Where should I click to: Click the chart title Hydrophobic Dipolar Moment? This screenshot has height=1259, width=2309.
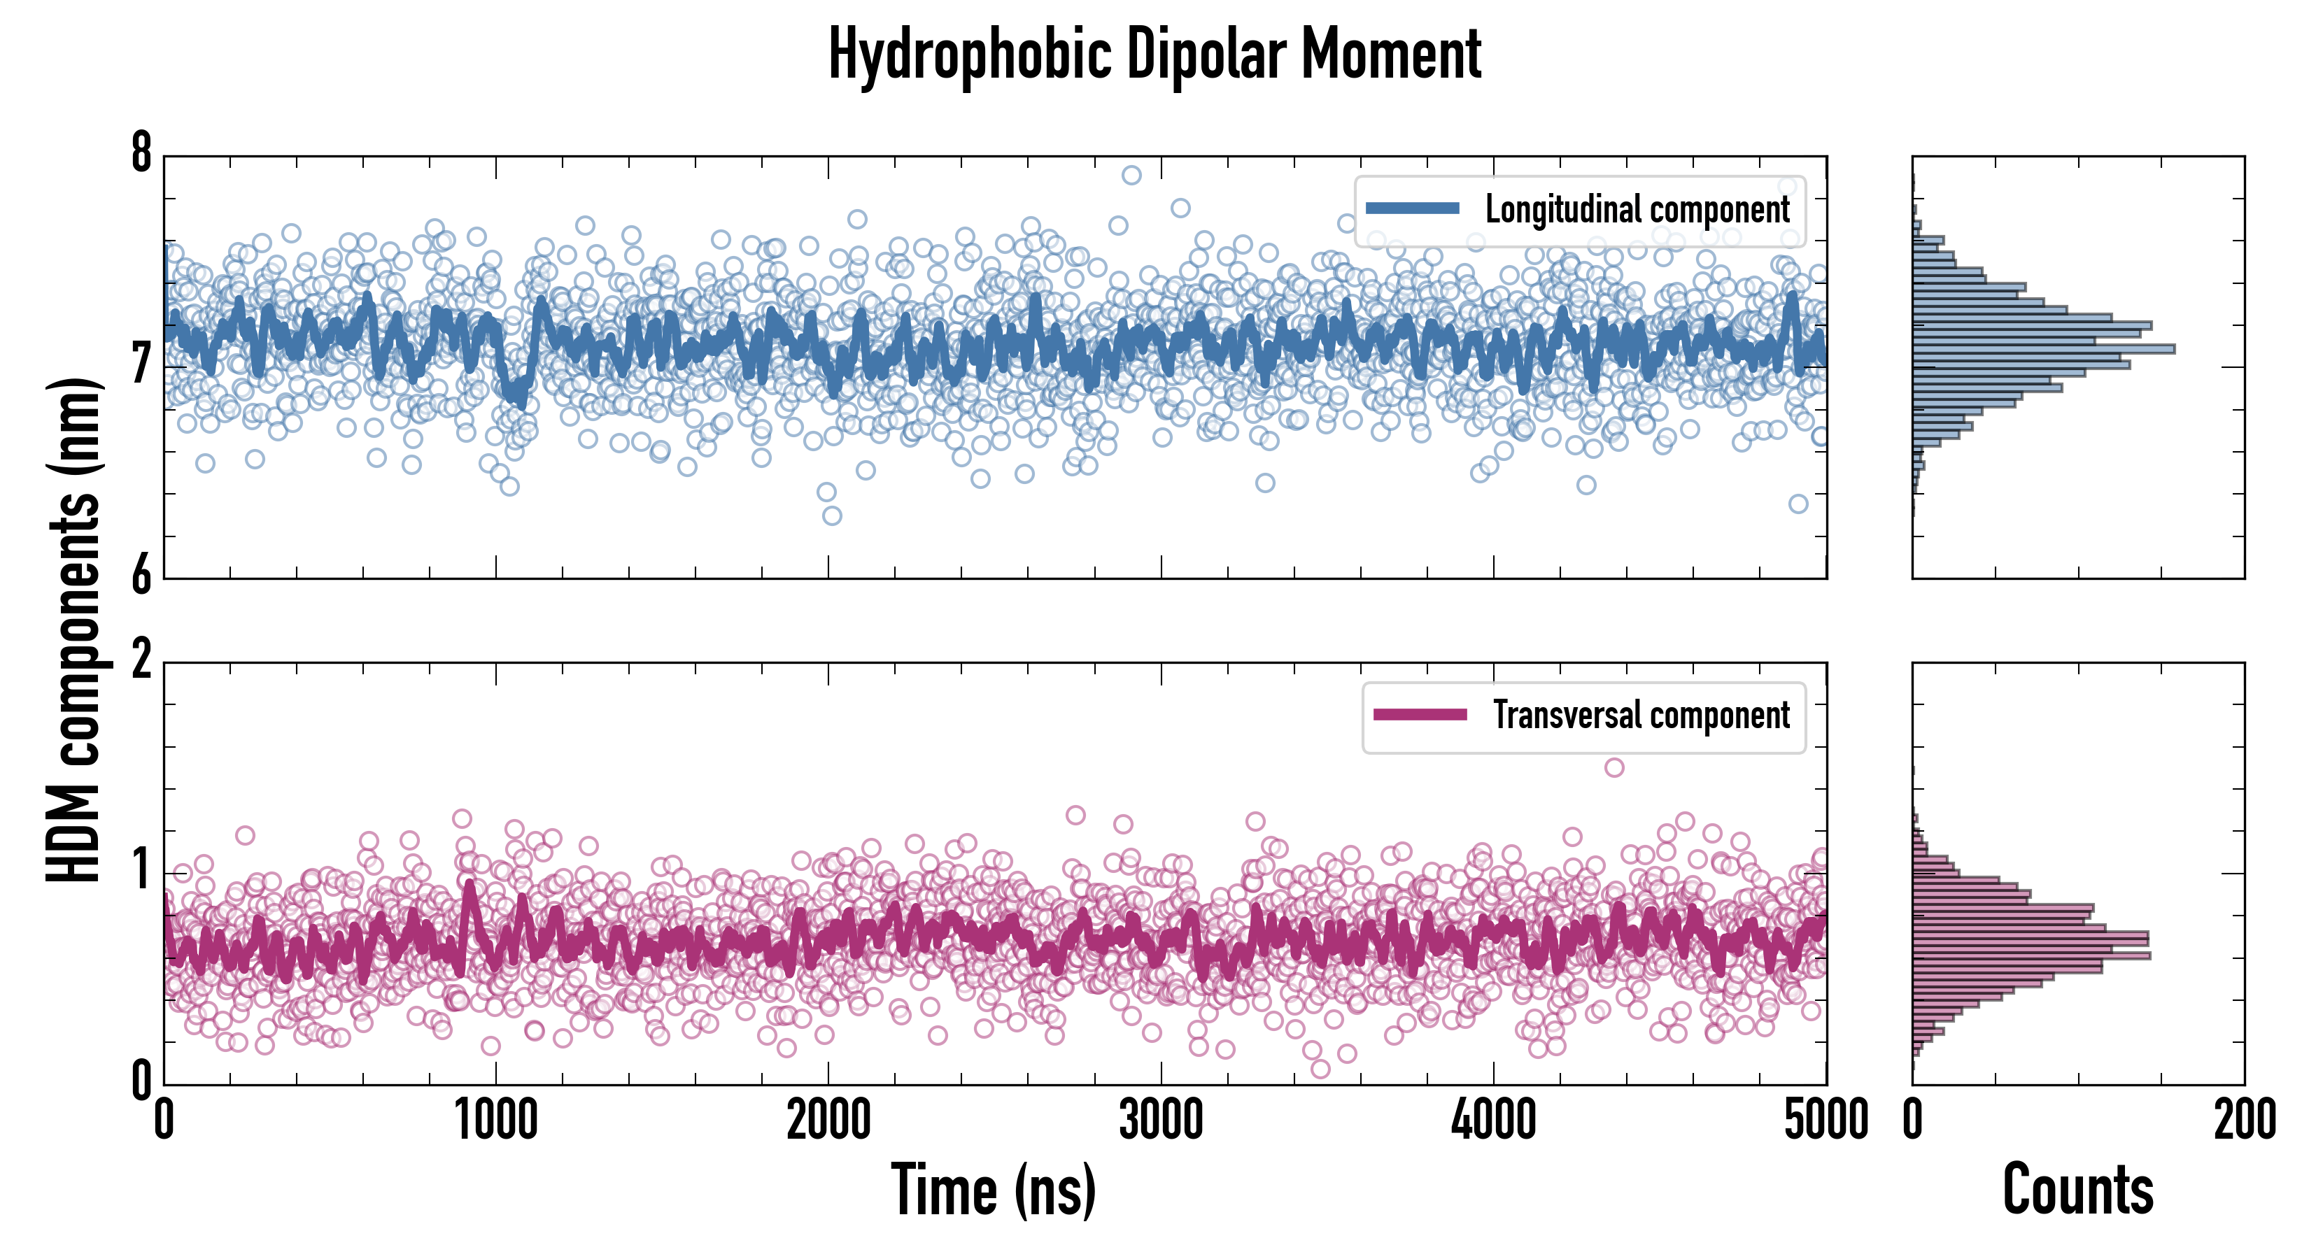[1154, 54]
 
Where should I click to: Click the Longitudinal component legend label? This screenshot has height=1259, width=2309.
[1637, 209]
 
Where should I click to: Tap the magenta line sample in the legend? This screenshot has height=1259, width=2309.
[1420, 715]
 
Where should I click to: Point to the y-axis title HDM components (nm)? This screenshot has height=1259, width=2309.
[73, 629]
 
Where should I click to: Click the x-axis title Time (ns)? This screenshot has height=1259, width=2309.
[993, 1190]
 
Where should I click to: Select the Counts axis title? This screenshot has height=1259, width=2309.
[2077, 1190]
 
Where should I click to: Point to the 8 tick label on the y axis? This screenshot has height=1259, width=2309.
[141, 154]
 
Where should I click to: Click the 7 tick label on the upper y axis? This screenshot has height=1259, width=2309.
[141, 364]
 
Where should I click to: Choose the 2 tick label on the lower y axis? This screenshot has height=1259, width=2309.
[141, 661]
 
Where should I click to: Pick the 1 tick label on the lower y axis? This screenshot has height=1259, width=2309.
[141, 870]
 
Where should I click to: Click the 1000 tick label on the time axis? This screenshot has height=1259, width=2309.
[495, 1120]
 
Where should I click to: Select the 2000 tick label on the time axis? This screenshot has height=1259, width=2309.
[828, 1120]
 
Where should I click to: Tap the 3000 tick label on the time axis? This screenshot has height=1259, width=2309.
[1161, 1120]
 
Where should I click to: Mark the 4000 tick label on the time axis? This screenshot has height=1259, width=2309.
[1493, 1120]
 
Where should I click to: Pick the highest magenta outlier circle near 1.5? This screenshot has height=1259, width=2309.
[1614, 767]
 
